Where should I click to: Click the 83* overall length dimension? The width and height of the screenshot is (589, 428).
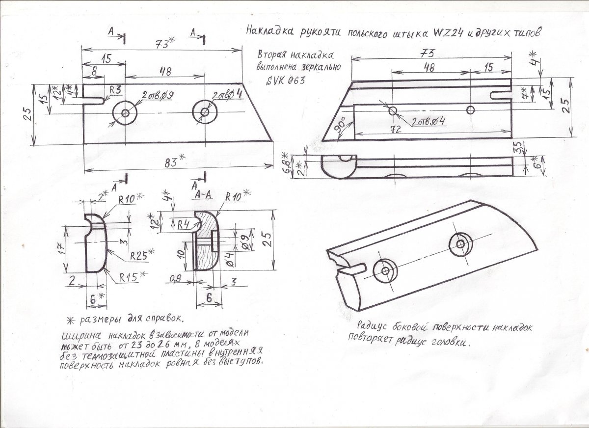click(175, 161)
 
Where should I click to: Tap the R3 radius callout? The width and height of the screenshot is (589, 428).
click(115, 90)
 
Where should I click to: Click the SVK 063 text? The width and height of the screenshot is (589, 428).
click(286, 80)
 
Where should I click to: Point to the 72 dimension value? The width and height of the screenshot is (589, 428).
click(396, 130)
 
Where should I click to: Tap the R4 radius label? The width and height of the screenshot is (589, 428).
click(184, 225)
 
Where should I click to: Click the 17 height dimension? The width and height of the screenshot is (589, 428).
click(61, 248)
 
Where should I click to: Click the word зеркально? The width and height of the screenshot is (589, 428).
click(323, 67)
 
